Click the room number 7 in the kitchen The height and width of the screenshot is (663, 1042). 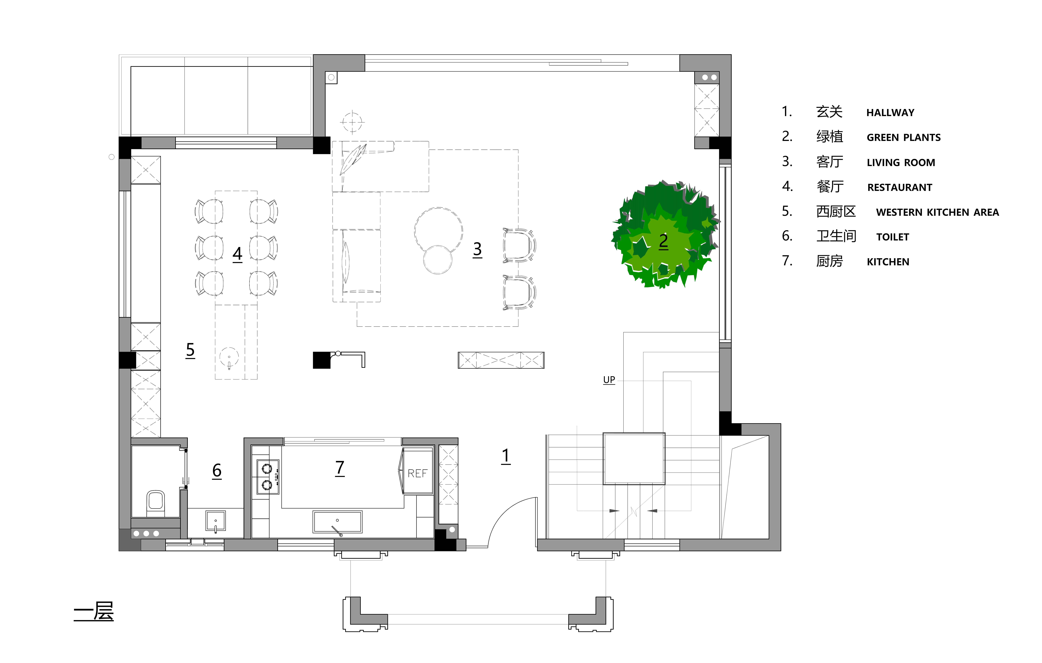[x=340, y=468]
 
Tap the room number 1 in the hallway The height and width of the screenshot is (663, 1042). [x=506, y=456]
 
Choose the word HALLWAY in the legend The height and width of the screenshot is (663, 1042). [x=890, y=112]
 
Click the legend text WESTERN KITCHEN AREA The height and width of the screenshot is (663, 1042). [x=937, y=212]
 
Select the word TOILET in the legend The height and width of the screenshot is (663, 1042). [x=893, y=237]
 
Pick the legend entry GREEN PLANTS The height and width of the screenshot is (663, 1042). [x=903, y=138]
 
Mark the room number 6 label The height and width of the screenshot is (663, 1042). [x=217, y=470]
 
